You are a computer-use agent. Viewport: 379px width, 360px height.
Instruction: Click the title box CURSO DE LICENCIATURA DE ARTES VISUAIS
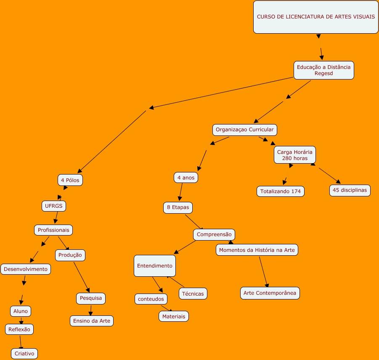(316, 17)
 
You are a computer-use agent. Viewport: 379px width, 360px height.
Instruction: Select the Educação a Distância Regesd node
(323, 70)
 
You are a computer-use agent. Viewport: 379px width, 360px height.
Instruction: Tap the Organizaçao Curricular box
(245, 130)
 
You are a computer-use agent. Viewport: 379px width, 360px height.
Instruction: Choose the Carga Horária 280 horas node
(294, 155)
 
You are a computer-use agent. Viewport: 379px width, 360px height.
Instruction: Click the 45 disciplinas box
(350, 190)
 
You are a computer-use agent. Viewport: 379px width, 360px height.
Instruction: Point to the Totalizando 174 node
(281, 191)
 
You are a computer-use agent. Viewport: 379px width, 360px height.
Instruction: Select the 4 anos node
(186, 178)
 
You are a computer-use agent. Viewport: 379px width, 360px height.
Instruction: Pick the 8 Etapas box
(178, 207)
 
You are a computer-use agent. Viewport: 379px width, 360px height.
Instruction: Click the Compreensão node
(214, 234)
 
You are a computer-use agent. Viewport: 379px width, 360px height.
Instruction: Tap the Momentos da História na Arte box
(257, 250)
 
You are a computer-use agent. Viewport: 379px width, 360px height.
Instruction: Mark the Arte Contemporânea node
(270, 293)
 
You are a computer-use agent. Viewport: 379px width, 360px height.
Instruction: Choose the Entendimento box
(154, 266)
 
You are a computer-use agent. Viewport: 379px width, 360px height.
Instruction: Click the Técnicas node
(193, 294)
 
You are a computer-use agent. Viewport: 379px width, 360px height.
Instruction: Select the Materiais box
(174, 316)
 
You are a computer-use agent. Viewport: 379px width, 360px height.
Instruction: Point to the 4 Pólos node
(70, 180)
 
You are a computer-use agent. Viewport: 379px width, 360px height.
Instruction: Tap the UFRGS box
(54, 206)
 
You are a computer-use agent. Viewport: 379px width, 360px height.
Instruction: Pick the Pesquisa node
(90, 298)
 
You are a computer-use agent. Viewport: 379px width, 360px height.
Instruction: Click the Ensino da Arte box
(92, 321)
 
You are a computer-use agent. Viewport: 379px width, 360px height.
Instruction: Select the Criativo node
(24, 354)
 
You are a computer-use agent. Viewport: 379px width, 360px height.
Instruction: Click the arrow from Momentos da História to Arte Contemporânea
(263, 272)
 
